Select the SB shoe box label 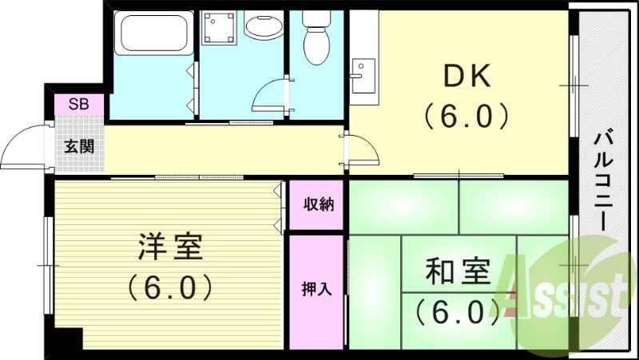(78, 104)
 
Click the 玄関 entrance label (79, 146)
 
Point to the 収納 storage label (318, 204)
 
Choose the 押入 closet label (317, 289)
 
